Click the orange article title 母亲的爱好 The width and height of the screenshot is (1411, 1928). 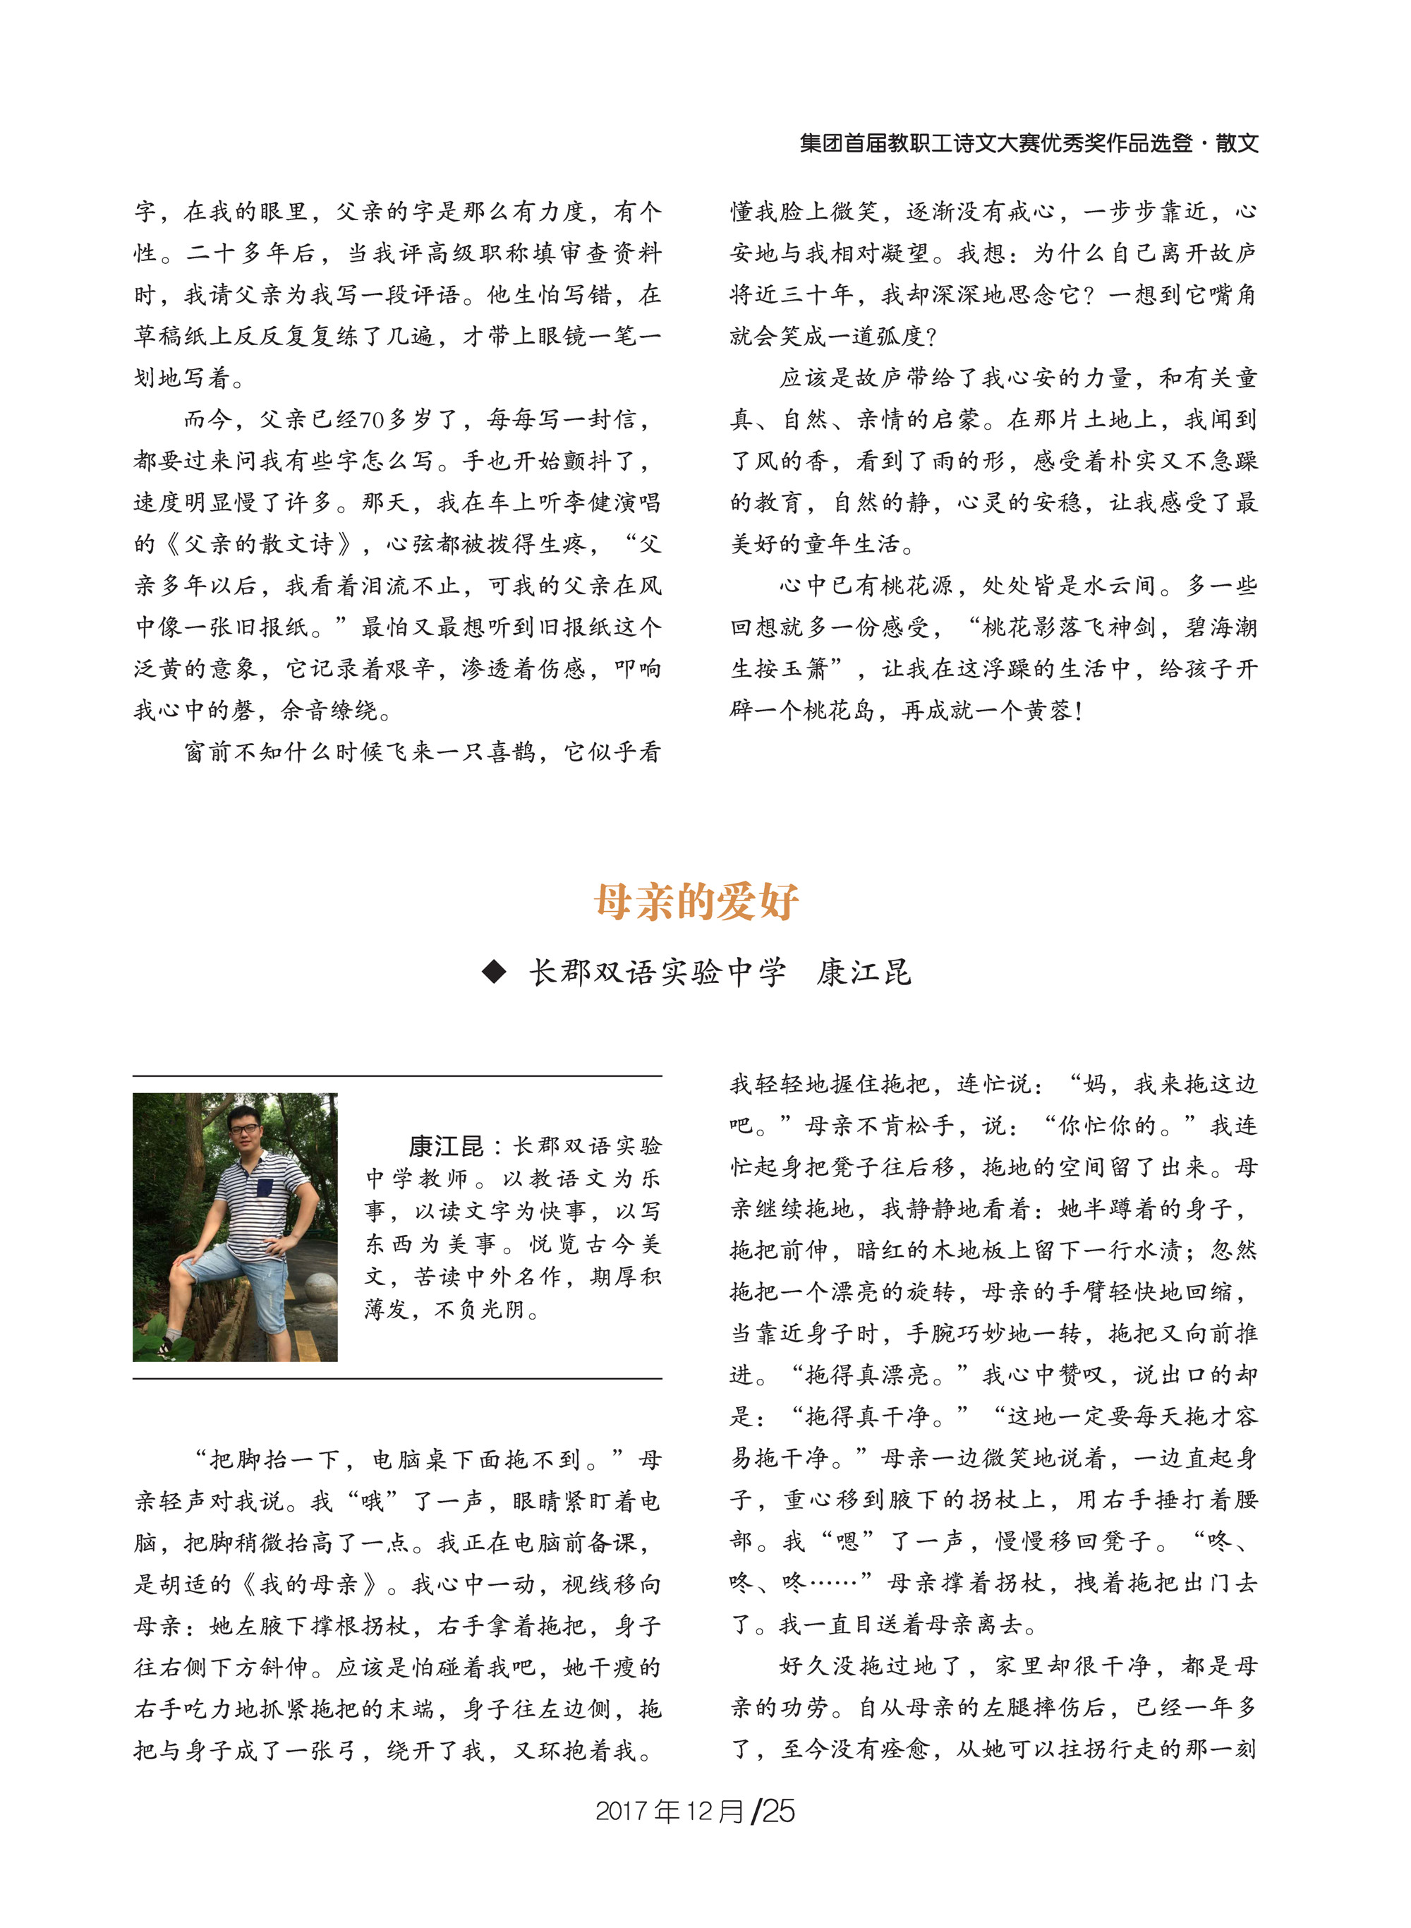click(x=696, y=901)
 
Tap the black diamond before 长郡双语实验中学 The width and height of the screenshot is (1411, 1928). click(x=494, y=972)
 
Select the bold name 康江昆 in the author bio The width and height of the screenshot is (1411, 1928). click(x=446, y=1146)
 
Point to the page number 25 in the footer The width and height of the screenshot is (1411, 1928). click(x=778, y=1811)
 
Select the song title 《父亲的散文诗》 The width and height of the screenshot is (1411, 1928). click(x=256, y=544)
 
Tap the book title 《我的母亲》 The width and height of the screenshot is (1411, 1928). click(x=308, y=1584)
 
